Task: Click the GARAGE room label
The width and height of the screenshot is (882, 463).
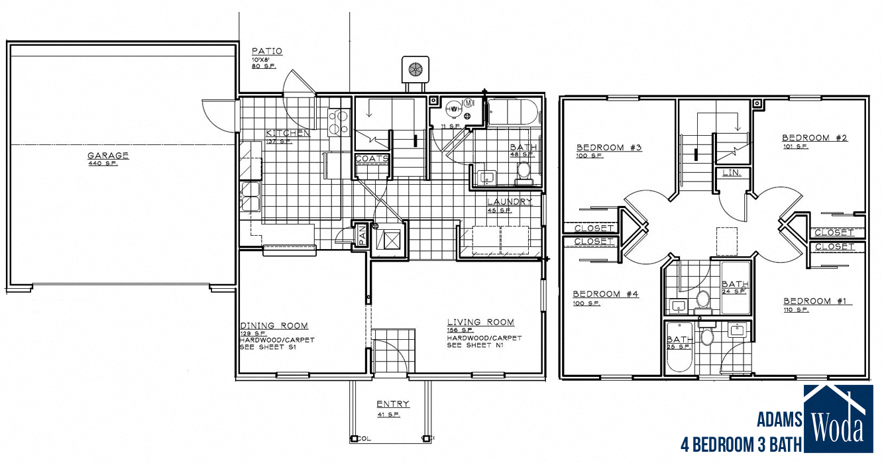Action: [x=108, y=156]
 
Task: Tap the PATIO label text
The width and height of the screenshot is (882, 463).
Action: [x=268, y=51]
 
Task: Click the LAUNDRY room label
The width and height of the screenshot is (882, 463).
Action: [x=510, y=202]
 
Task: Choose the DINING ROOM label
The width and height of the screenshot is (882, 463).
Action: [x=274, y=325]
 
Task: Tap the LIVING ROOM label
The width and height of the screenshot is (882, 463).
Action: [x=480, y=323]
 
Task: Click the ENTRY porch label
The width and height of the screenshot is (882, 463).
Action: [x=393, y=404]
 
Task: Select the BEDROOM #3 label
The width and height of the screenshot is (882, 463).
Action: [x=609, y=147]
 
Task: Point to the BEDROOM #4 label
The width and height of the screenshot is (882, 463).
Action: [x=606, y=293]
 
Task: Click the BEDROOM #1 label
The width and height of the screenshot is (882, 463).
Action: [x=816, y=301]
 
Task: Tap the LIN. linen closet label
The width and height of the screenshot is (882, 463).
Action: [x=732, y=173]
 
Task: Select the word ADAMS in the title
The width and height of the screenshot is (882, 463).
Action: [x=779, y=419]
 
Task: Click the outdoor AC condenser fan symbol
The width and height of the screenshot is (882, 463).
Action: [x=415, y=69]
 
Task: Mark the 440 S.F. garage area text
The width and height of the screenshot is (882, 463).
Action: [x=103, y=164]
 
